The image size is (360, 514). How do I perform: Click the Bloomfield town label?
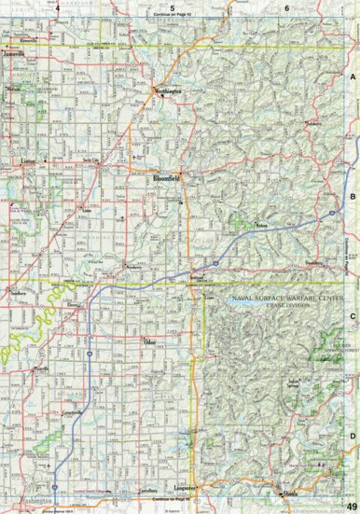point(166,175)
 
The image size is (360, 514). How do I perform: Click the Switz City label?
point(90,160)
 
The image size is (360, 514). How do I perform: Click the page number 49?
point(349,506)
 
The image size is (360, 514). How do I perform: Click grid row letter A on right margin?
point(353,79)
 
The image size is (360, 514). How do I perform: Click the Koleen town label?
point(262,225)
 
